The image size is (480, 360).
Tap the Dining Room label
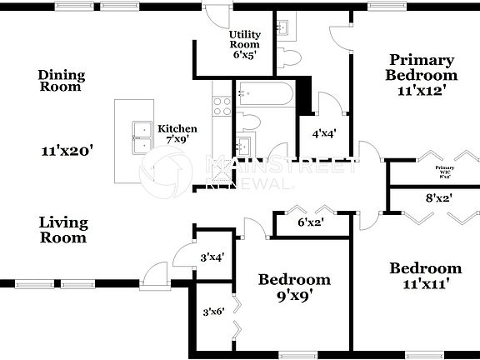coord(61,81)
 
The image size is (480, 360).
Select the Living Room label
coord(63,229)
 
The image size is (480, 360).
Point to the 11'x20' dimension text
coord(67,152)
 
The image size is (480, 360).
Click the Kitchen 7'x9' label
coord(178,134)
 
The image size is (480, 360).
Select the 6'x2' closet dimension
coord(311,222)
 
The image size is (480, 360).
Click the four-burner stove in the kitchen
coord(222,105)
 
